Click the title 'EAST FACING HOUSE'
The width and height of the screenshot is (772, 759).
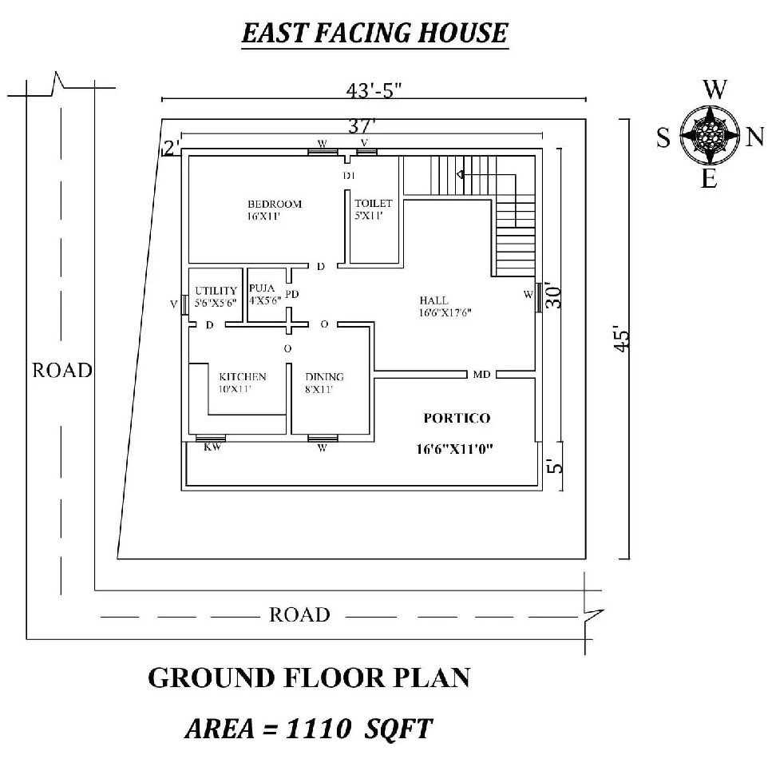pos(374,34)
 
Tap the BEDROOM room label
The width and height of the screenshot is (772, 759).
pos(274,205)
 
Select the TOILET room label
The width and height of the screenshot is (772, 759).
pos(374,204)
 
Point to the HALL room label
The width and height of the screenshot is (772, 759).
pos(434,300)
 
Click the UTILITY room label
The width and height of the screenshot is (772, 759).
pos(216,291)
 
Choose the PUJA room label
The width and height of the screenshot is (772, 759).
pos(262,289)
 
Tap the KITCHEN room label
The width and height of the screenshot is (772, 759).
pos(243,377)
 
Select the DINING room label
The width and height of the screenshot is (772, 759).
pos(324,377)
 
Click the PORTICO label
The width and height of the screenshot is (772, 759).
pos(457,418)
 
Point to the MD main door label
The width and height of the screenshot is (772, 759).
pos(481,374)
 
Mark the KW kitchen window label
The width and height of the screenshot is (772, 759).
pos(212,447)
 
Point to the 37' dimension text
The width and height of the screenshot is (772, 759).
pos(362,125)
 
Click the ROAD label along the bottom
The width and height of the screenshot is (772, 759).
pos(299,614)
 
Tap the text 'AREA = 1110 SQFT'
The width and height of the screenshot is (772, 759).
pos(309,729)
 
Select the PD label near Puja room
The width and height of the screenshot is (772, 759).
pos(292,295)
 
